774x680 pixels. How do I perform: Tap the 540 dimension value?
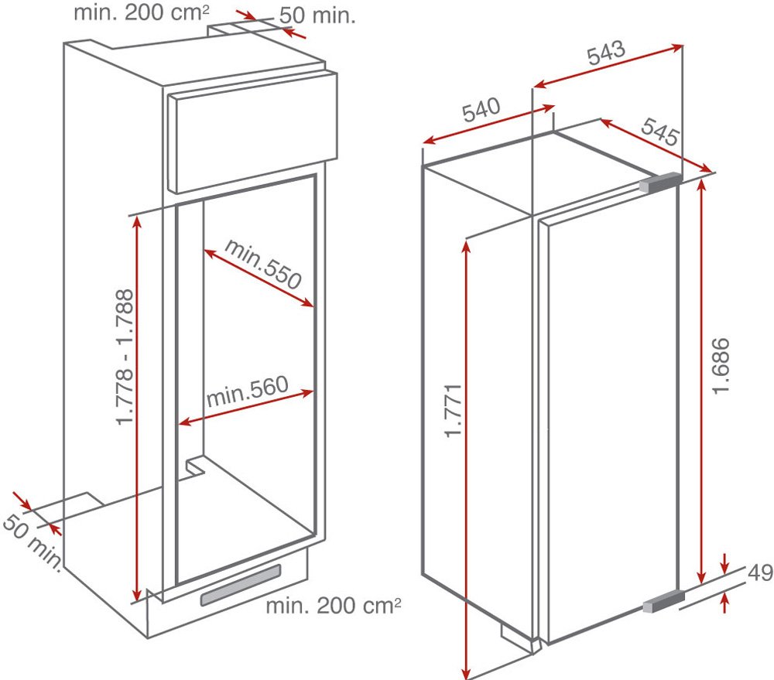(x=481, y=110)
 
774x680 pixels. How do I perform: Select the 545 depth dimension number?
(x=660, y=132)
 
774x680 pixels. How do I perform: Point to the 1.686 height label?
(x=721, y=365)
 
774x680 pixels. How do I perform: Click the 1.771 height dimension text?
(x=453, y=410)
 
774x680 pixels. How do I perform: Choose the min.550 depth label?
(x=263, y=264)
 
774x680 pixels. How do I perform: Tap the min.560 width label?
(x=247, y=391)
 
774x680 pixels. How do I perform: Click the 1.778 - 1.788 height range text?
(x=125, y=357)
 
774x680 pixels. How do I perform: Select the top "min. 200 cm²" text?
(x=142, y=13)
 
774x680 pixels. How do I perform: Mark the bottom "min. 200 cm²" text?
(x=334, y=605)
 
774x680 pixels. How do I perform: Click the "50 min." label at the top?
(x=317, y=15)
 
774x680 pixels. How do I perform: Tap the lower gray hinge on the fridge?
(x=663, y=602)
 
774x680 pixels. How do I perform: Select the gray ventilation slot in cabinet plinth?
(x=241, y=585)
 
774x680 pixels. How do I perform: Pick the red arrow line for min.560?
(x=246, y=408)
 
